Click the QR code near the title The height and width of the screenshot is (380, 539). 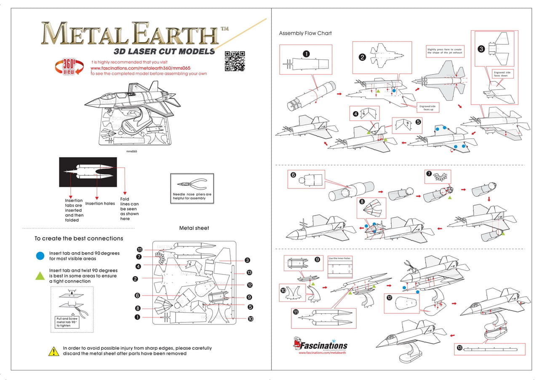235,61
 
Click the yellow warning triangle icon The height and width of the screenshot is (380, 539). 53,351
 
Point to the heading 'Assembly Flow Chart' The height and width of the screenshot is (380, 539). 305,33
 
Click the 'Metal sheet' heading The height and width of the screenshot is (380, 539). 194,228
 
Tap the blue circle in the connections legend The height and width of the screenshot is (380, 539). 40,256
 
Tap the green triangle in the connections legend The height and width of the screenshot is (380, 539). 40,276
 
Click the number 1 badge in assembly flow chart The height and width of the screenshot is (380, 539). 307,53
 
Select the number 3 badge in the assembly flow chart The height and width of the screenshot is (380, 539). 481,49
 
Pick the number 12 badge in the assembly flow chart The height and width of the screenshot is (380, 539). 390,298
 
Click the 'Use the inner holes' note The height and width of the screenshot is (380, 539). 339,258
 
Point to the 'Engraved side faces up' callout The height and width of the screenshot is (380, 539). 427,108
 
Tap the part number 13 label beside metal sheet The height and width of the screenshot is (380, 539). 249,272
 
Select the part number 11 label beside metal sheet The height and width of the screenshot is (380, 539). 139,249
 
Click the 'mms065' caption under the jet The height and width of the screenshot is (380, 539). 132,151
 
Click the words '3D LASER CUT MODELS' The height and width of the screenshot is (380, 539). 164,52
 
